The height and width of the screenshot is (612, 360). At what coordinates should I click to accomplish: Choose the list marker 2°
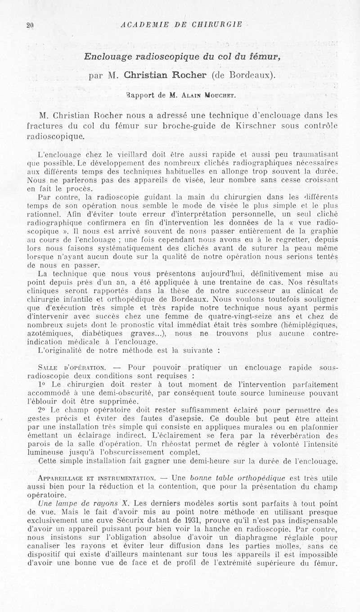tap(43, 410)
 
